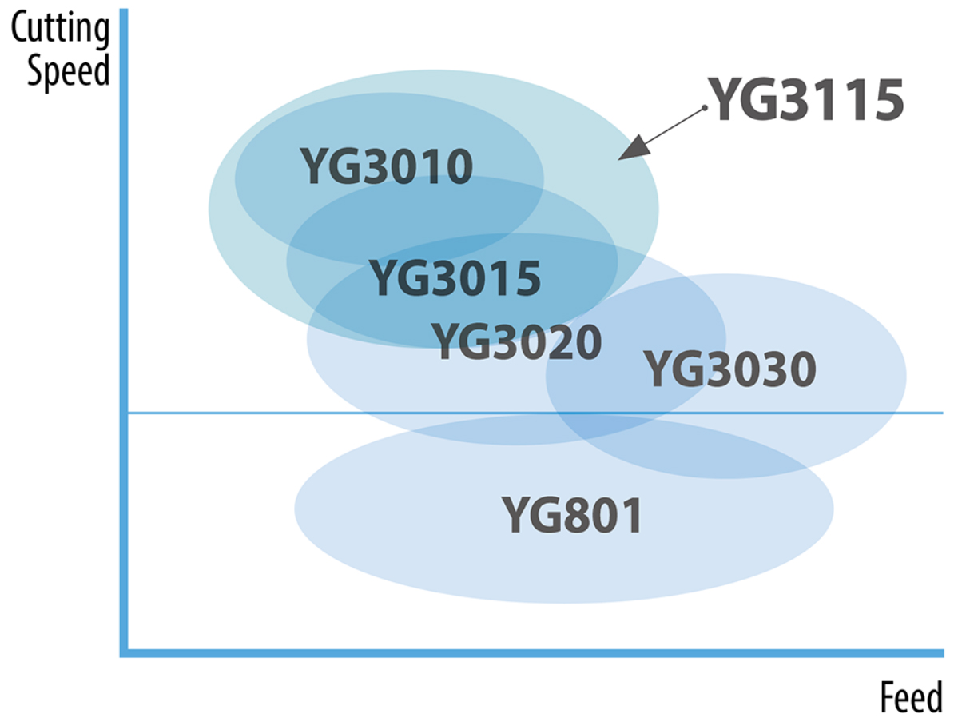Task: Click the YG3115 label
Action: tap(805, 99)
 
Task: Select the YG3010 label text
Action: tap(386, 166)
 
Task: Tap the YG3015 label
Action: tap(455, 278)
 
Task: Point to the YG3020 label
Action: tap(517, 342)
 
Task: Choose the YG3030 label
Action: tap(729, 369)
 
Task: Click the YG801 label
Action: tap(572, 515)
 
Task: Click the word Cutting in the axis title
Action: tap(60, 28)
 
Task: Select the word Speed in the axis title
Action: tap(69, 71)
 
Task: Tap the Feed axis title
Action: tap(912, 697)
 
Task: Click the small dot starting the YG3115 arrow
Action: tap(704, 107)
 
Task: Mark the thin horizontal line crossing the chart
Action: tap(535, 413)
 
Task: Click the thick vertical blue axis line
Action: tap(124, 333)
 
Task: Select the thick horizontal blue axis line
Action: tap(531, 653)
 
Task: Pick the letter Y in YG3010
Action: tap(314, 166)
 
